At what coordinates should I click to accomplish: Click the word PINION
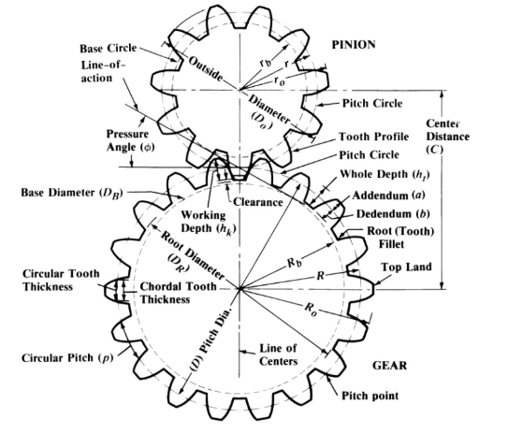[354, 45]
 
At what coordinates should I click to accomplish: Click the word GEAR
[389, 366]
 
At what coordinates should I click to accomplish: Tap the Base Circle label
[109, 49]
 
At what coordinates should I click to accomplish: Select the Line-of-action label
[102, 72]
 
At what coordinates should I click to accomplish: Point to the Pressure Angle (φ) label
[130, 140]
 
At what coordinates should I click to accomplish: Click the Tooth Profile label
[373, 137]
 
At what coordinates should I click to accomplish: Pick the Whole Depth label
[385, 175]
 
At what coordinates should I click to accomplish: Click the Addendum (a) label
[388, 195]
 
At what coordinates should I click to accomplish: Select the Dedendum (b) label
[393, 214]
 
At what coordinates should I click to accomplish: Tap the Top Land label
[406, 267]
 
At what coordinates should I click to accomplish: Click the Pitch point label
[370, 396]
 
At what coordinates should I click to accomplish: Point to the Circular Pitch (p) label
[67, 358]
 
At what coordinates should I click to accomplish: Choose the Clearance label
[258, 202]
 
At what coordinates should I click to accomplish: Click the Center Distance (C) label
[447, 137]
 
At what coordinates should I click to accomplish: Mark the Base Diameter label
[72, 193]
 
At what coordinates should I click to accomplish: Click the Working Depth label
[208, 223]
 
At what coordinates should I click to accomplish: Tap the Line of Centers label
[278, 354]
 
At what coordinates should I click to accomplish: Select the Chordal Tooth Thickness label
[178, 293]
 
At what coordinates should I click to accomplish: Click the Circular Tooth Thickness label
[61, 281]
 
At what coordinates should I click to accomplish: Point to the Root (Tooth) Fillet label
[400, 238]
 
